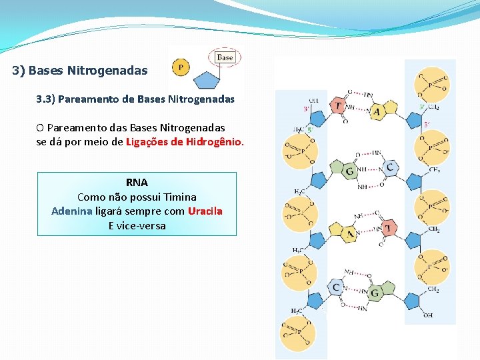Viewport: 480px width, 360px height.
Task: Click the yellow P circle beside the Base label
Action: [x=180, y=67]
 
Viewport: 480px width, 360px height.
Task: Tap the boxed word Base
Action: [x=225, y=57]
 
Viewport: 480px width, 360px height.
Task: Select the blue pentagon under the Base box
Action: [x=213, y=78]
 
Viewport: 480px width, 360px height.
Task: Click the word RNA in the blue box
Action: [x=137, y=182]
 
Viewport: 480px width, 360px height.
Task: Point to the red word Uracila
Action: [x=205, y=211]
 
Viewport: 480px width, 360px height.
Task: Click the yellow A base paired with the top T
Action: [x=377, y=111]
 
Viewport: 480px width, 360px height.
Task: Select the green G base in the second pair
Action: [x=350, y=171]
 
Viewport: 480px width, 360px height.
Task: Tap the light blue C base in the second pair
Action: [x=390, y=167]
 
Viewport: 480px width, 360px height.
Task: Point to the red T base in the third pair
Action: [x=387, y=229]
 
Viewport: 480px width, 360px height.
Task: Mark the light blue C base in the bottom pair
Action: [x=337, y=288]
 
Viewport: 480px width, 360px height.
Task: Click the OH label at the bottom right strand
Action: [x=427, y=315]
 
